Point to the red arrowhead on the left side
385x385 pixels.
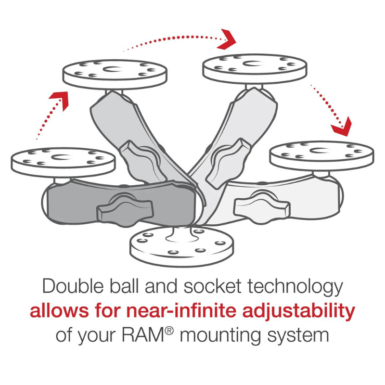[59, 99]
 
